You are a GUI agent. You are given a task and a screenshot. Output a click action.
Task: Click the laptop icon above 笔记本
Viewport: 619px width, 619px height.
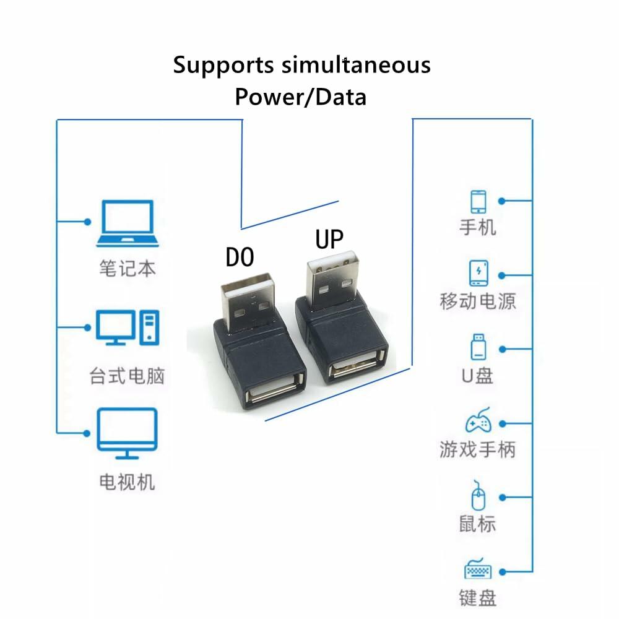(x=126, y=223)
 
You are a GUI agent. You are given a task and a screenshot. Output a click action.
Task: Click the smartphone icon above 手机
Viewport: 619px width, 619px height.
(x=478, y=202)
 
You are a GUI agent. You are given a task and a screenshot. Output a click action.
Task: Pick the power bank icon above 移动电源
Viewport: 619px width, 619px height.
(x=478, y=274)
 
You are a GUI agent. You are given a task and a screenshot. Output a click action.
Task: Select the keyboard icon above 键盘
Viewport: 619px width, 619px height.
(x=478, y=569)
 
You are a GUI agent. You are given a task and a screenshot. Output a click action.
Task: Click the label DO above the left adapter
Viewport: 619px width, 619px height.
(x=240, y=256)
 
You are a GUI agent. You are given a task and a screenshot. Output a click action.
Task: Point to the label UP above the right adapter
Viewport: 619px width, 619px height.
(x=329, y=238)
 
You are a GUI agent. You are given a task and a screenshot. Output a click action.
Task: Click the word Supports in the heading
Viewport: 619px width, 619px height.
(x=223, y=64)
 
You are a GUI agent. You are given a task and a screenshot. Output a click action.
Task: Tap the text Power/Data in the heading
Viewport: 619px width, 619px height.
(x=300, y=97)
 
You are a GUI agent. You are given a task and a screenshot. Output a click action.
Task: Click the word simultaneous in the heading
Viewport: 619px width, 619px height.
(x=356, y=64)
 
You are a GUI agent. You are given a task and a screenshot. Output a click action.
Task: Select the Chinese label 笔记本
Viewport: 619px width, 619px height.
(x=127, y=268)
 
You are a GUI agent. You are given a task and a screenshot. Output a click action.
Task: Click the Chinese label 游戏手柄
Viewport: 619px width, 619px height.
(x=477, y=449)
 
